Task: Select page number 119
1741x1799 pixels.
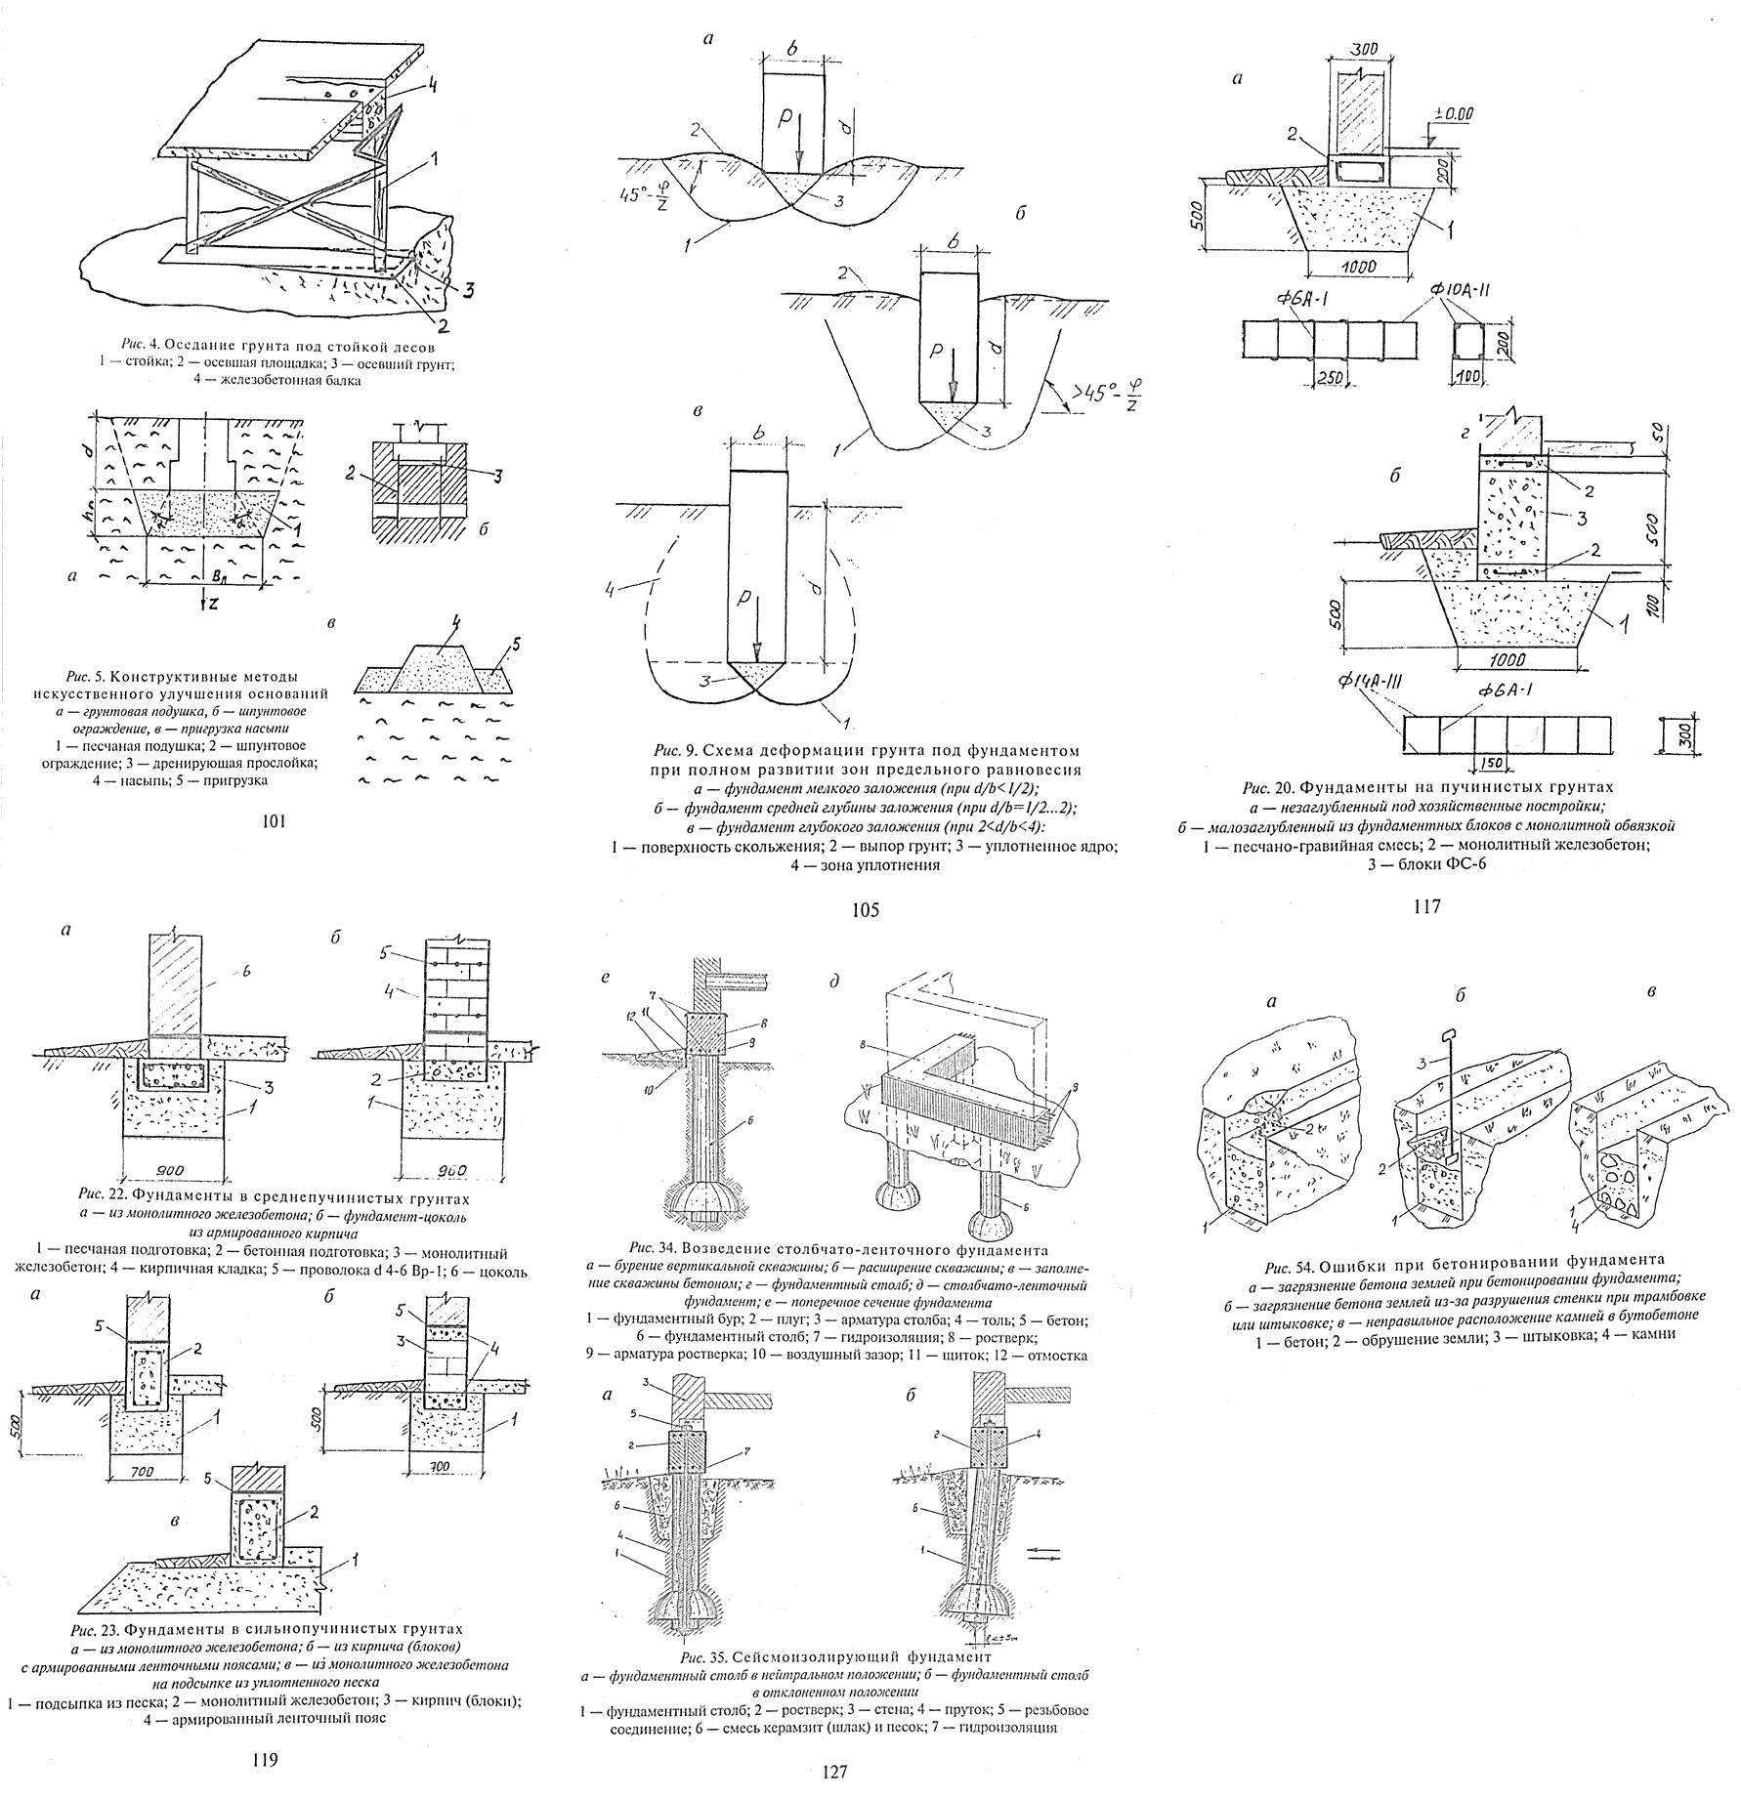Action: click(265, 1761)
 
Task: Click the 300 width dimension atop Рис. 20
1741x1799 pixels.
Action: click(1367, 49)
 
